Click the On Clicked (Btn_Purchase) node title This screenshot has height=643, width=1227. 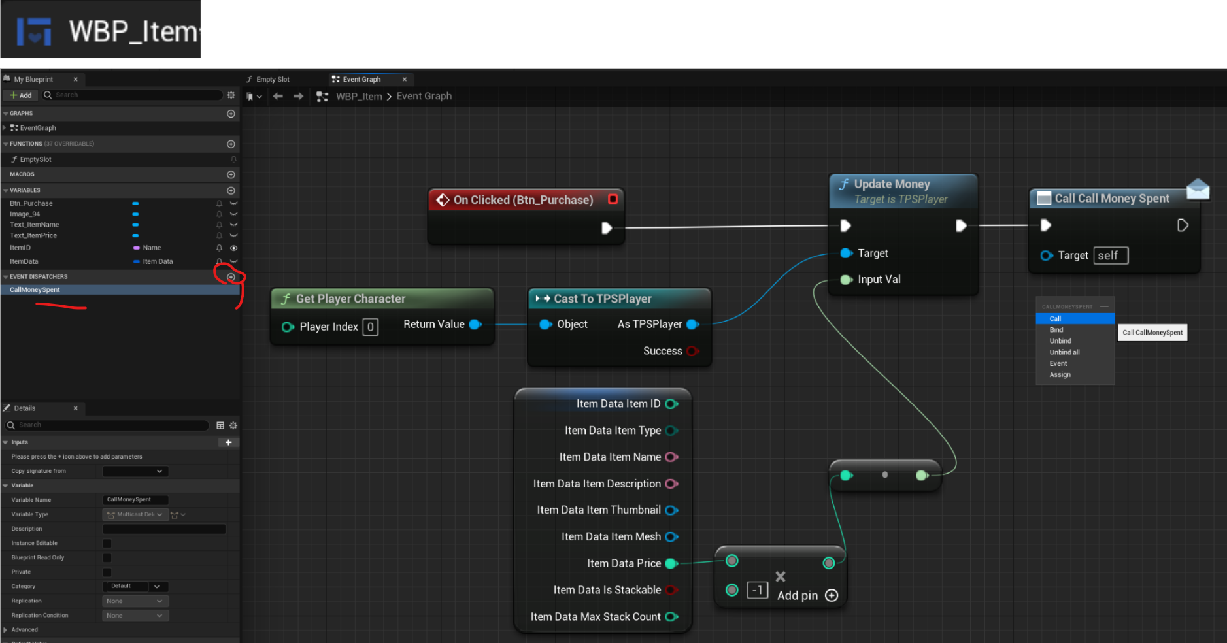[523, 200]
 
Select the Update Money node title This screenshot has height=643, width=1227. [892, 184]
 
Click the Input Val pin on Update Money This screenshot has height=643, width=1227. [847, 280]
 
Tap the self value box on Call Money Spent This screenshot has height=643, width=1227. [1111, 256]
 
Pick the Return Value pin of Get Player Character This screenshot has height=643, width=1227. [476, 325]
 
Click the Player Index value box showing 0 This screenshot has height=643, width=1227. [370, 327]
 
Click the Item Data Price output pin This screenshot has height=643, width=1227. [671, 563]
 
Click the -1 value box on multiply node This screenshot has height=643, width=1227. [757, 590]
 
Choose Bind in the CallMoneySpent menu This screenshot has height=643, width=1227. [1056, 330]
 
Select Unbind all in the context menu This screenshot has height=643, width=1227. [1064, 352]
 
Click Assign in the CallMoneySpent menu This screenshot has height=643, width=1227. [1060, 375]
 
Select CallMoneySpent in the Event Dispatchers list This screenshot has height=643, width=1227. [35, 290]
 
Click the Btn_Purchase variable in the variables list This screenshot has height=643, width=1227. [31, 203]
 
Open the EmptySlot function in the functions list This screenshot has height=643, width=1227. [35, 159]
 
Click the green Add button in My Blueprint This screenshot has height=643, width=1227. [21, 95]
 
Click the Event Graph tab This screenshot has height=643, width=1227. [361, 80]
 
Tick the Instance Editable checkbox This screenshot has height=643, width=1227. [107, 544]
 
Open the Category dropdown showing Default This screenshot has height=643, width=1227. [135, 587]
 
